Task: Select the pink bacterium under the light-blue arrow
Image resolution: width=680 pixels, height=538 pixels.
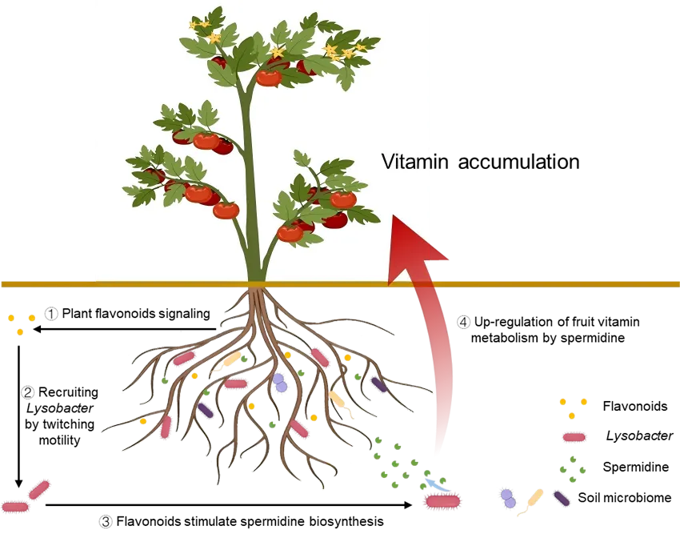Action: [x=442, y=502]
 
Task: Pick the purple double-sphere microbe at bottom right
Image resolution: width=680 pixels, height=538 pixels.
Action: [x=507, y=498]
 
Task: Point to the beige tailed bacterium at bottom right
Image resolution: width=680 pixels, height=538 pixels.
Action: [x=533, y=501]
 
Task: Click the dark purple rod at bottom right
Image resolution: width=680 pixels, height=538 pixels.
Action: [x=562, y=498]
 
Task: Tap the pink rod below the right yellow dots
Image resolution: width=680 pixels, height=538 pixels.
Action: [x=574, y=437]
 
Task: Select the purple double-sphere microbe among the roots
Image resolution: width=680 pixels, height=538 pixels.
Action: [x=279, y=383]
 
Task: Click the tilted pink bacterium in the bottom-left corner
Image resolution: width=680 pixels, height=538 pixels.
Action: [x=38, y=488]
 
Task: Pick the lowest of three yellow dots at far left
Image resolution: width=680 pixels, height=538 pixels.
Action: [x=20, y=332]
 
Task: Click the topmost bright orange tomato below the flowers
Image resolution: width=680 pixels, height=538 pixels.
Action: [x=269, y=78]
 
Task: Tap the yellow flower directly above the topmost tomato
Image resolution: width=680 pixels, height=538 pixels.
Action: [x=278, y=53]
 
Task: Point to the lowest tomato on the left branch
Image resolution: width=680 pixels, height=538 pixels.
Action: [x=226, y=211]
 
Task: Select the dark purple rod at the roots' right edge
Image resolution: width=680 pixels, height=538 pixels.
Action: [x=378, y=384]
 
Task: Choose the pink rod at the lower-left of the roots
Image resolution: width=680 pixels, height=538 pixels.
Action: [x=166, y=428]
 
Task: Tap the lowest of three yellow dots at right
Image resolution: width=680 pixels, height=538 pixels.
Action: [x=571, y=416]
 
